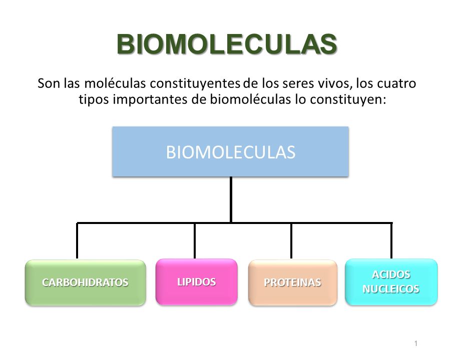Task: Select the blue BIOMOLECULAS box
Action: click(230, 151)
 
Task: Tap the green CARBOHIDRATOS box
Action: click(85, 282)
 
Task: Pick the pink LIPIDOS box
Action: click(196, 281)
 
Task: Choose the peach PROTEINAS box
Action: click(292, 282)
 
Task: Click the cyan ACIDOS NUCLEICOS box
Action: click(391, 282)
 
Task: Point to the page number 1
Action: click(416, 343)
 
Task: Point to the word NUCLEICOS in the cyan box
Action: click(391, 289)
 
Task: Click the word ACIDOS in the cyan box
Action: click(391, 275)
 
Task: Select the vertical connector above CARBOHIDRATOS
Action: click(77, 240)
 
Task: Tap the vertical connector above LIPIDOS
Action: click(195, 240)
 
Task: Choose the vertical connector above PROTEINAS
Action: click(291, 240)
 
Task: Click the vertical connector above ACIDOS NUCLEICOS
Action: click(391, 240)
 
